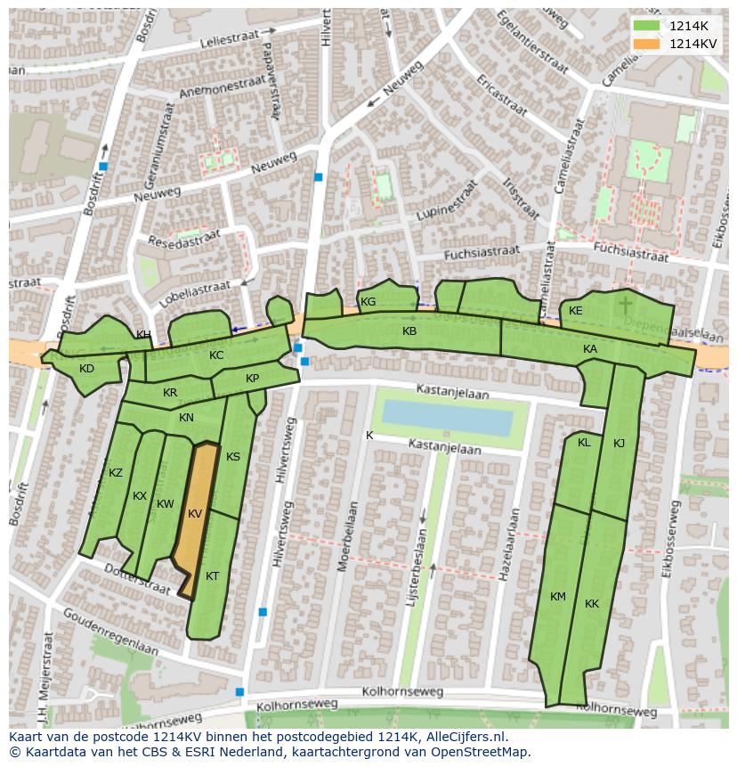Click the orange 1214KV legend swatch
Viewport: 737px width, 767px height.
coord(647,44)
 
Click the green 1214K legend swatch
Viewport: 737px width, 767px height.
coord(647,26)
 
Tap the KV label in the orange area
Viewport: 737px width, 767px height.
coord(195,514)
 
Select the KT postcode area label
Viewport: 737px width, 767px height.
coord(212,576)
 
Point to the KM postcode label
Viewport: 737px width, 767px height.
coord(558,597)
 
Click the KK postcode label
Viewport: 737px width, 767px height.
coord(592,604)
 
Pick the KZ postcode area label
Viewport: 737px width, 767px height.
coord(116,473)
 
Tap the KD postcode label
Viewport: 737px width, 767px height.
coord(86,369)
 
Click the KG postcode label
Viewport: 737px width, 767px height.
coord(368,302)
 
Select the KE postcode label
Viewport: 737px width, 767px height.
coord(576,311)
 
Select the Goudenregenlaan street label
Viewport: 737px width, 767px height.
coord(109,632)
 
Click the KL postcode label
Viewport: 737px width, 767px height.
coord(584,443)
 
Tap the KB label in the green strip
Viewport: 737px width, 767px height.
coord(409,331)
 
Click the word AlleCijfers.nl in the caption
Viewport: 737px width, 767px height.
coord(466,737)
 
